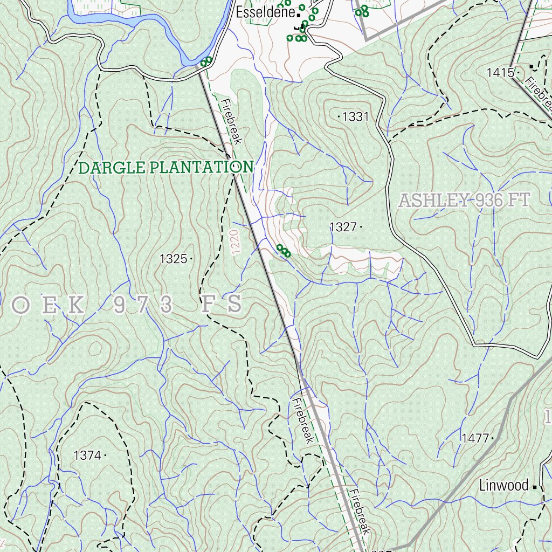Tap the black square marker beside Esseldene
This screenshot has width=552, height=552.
[299, 15]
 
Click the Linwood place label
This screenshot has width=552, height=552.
[503, 486]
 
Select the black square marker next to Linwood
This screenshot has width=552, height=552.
[534, 487]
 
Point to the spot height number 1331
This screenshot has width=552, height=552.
[355, 116]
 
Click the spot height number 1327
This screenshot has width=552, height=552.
[343, 227]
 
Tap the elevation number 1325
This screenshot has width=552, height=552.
[173, 259]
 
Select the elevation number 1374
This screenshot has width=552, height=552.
[87, 456]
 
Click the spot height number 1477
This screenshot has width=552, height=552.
[475, 438]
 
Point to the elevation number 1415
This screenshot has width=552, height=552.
[500, 72]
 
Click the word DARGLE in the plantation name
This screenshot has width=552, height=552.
[112, 168]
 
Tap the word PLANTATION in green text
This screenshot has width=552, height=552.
[202, 168]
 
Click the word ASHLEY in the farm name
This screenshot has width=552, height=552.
[432, 201]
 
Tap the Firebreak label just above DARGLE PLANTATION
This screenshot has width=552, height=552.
[229, 121]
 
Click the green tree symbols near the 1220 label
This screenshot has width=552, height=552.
[283, 251]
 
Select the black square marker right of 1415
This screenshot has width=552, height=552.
[532, 67]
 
